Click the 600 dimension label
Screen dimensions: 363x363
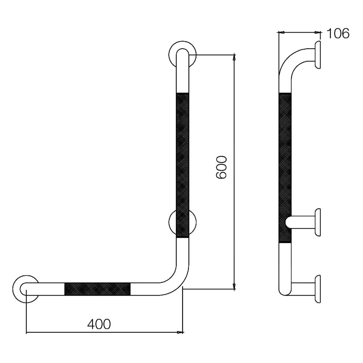[x=221, y=167]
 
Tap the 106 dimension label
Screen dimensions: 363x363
[x=338, y=33]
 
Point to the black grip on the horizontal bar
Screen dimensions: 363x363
[x=97, y=289]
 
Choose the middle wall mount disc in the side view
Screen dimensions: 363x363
[x=318, y=223]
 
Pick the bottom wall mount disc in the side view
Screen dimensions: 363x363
[x=318, y=289]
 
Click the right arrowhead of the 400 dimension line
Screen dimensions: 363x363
[x=180, y=332]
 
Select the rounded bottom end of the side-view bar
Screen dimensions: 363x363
[x=285, y=290]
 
